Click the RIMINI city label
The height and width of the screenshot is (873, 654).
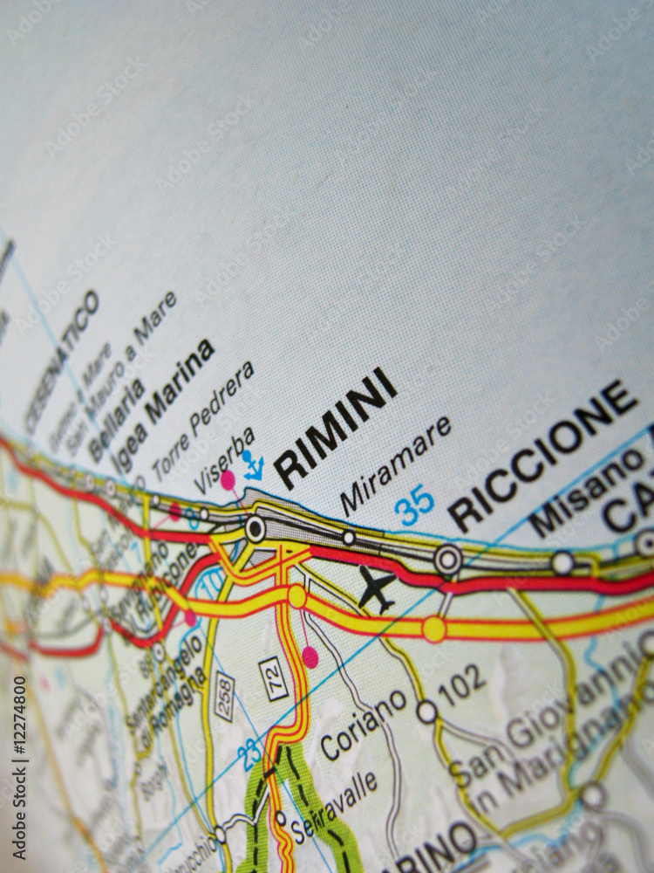pos(336,427)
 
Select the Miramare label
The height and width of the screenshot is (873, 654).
pos(396,464)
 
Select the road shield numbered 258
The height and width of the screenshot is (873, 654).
pos(224,696)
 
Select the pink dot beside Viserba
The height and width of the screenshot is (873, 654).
pos(228,479)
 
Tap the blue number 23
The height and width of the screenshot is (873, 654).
pos(252,753)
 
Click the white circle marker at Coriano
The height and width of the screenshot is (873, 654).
pos(426,711)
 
